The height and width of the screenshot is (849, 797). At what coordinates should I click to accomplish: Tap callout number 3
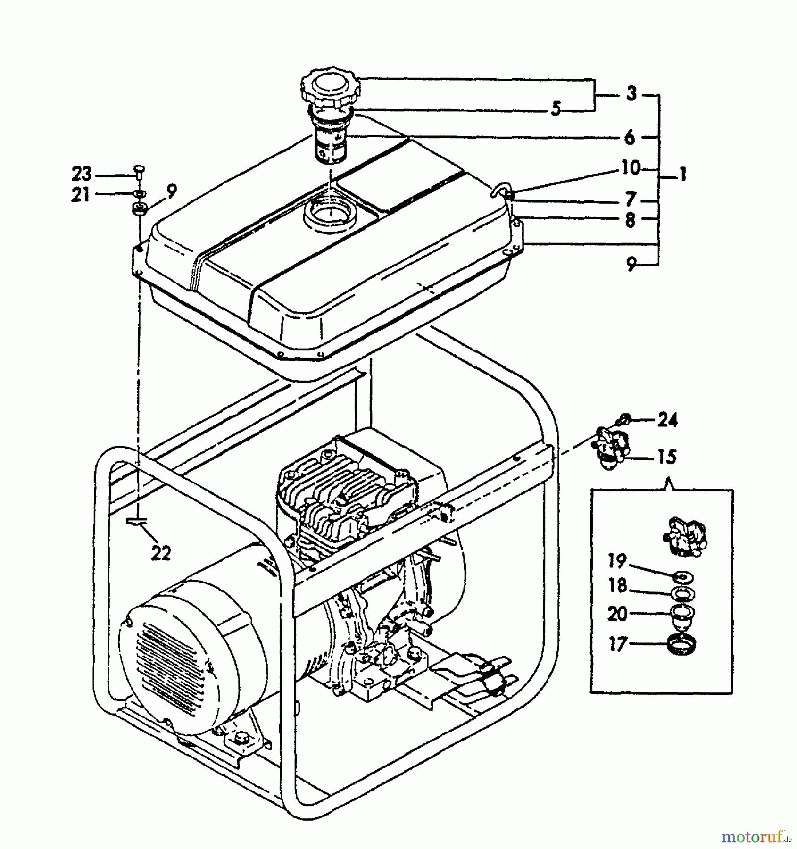click(631, 93)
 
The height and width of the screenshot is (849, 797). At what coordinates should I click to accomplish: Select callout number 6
click(630, 137)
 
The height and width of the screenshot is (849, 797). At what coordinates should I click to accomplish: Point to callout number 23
click(81, 174)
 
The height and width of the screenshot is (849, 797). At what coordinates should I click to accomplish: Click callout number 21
click(80, 194)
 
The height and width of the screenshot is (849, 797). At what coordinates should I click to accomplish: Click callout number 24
click(667, 419)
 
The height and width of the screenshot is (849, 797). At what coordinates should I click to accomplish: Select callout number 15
click(666, 457)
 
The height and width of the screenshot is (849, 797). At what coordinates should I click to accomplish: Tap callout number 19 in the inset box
click(617, 561)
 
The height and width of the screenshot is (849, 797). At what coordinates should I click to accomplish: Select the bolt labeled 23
click(139, 171)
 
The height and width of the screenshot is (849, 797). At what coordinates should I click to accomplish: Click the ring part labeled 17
click(683, 645)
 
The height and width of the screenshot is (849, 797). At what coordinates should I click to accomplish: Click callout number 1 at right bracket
click(682, 175)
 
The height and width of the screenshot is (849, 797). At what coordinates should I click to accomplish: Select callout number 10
click(631, 167)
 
